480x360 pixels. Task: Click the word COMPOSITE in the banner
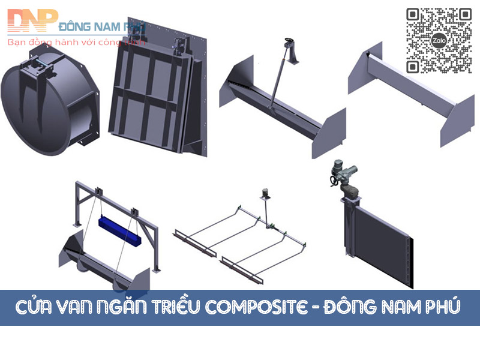click(x=243, y=307)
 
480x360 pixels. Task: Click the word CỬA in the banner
click(x=35, y=307)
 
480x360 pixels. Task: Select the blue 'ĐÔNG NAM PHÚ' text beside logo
click(x=97, y=26)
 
